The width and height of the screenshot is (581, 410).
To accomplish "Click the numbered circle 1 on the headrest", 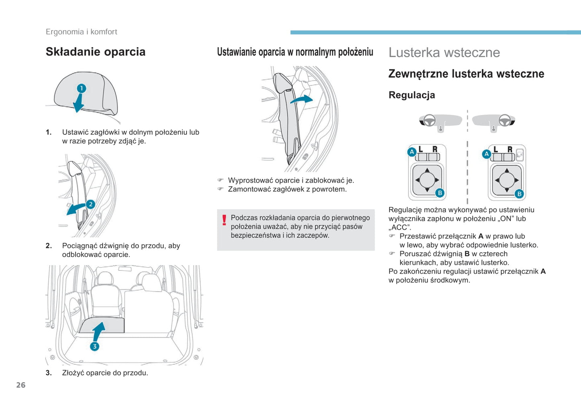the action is coord(82,89).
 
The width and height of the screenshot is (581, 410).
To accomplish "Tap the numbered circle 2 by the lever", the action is coord(90,204).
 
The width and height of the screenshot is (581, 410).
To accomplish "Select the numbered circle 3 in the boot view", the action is coord(94,346).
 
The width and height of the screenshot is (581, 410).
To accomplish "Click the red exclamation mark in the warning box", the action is coord(224,220).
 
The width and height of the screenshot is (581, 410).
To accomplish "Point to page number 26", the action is coord(21,385).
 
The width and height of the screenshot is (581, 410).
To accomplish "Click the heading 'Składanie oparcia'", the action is coord(95,52).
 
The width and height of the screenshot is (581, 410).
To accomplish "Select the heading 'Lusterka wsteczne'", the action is coord(444,52).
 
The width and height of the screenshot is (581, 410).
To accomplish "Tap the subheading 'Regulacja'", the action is coord(412,95).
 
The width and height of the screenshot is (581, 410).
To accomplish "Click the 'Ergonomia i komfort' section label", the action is coord(82,32).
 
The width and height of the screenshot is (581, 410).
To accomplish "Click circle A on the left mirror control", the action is coord(412,152).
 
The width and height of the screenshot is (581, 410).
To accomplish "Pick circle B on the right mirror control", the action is coord(519,194).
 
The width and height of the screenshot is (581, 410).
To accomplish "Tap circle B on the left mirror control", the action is coord(440,193).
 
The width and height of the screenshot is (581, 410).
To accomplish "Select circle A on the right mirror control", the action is coord(487,154).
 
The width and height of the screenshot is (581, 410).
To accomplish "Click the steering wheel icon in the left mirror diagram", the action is coord(429,120).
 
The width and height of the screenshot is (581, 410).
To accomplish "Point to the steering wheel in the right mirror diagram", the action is coord(505,120).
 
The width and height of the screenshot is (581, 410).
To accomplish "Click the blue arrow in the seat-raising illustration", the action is coord(302,99).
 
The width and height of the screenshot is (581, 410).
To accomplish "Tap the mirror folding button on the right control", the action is coord(519,155).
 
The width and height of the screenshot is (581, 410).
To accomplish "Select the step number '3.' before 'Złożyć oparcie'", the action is coord(49,373).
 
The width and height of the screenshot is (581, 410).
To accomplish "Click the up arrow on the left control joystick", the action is coord(427,171).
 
